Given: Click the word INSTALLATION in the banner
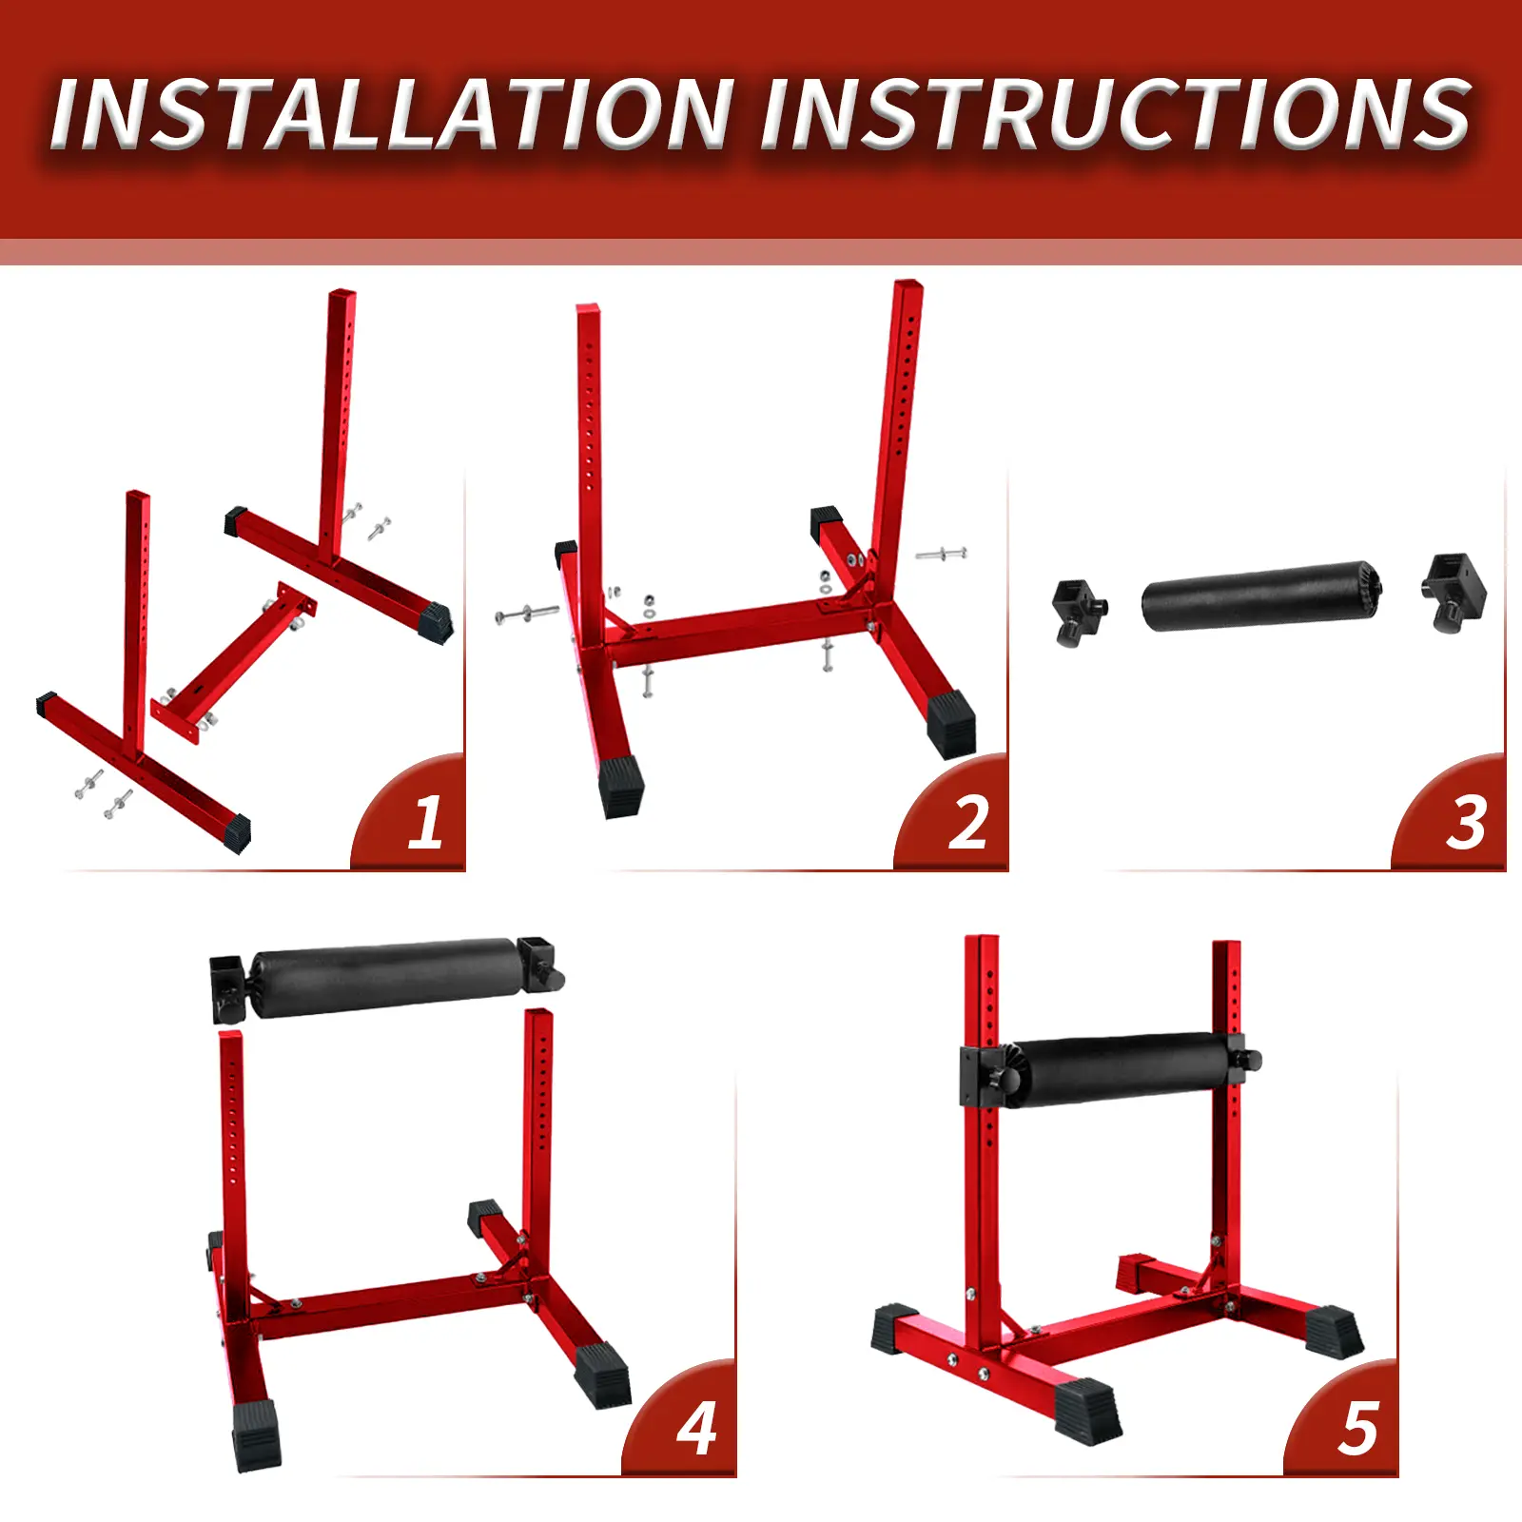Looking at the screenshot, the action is [x=392, y=114].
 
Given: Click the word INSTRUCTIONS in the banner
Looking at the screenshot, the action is [x=1116, y=114].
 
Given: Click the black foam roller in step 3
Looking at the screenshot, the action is [x=1261, y=596].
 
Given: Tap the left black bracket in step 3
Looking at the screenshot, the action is [x=1080, y=612].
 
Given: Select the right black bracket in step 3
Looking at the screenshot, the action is [x=1454, y=592].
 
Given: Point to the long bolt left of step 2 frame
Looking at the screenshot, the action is [x=527, y=614].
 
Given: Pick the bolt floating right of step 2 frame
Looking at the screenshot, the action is [x=941, y=553].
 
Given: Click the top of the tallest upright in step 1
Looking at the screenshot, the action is [x=342, y=294].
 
